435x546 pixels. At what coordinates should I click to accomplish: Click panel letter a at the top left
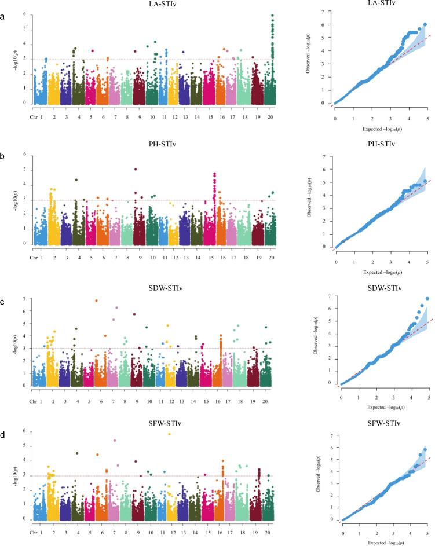click(x=5, y=17)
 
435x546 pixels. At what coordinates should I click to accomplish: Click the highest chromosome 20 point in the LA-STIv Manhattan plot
click(x=272, y=15)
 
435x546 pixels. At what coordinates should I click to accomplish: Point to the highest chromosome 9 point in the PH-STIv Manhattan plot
click(x=135, y=169)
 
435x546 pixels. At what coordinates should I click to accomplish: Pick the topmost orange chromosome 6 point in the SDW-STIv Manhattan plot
click(x=96, y=301)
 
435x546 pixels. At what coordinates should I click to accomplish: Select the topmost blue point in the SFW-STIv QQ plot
click(x=425, y=449)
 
